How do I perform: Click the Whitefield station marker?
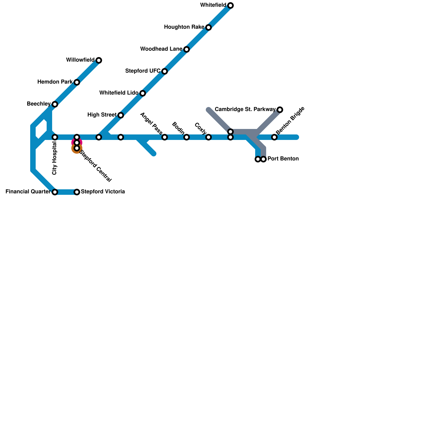coord(230,5)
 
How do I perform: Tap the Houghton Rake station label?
coord(184,27)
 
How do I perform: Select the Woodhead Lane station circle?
coord(187,49)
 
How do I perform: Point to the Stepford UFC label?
coord(143,71)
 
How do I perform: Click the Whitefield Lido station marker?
coord(142,93)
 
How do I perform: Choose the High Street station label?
coord(102,115)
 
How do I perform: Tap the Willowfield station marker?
coord(99,60)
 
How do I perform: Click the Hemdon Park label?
coord(55,82)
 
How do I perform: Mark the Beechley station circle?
coord(55,104)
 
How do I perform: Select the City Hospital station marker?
coord(55,137)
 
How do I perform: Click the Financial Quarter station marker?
coord(55,192)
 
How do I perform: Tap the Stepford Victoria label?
coord(103,192)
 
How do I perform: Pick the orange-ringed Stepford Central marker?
coord(77,148)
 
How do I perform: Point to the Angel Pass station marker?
coord(165,137)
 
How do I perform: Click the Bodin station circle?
coord(187,137)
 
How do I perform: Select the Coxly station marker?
coord(209,137)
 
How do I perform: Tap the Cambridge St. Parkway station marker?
coord(280,110)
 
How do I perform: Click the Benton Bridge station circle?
coord(274,137)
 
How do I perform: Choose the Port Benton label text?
coord(283,159)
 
